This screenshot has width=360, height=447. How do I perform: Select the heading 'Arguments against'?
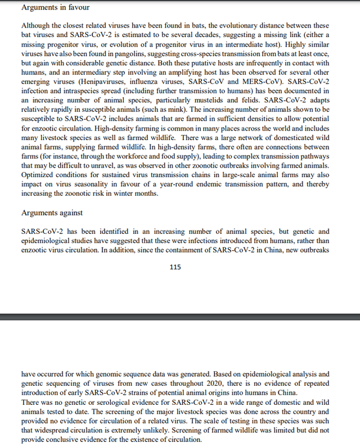click(x=51, y=213)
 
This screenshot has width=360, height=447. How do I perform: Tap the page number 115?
click(x=175, y=267)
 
